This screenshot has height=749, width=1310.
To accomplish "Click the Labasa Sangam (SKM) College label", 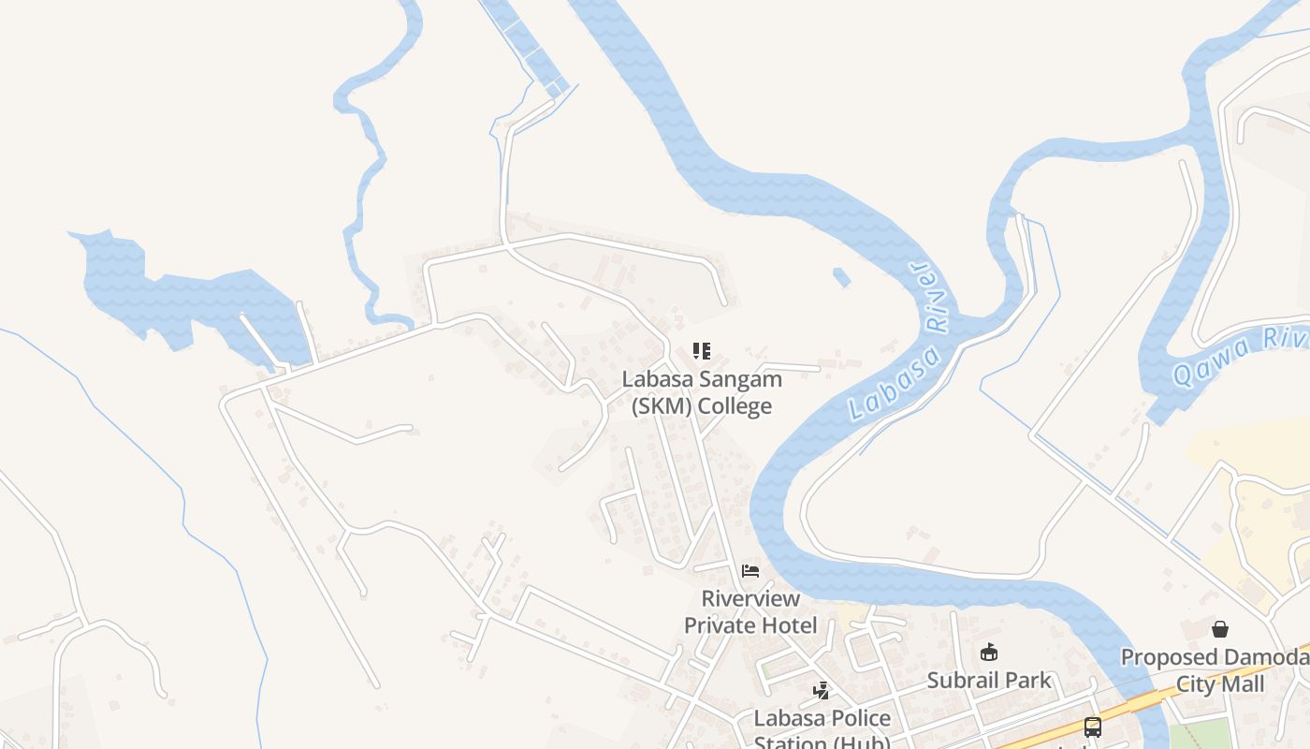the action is [702, 393].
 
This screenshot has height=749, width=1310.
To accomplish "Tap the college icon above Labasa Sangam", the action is [702, 351].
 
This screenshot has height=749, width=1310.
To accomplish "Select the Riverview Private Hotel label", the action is [750, 611].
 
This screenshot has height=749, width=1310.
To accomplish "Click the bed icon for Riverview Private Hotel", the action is [750, 570].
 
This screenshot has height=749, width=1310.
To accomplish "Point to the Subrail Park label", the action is [989, 681].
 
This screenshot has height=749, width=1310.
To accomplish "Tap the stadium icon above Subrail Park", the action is [989, 653].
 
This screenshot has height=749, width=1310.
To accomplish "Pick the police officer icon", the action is [821, 691].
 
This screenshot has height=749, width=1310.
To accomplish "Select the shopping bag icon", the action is [1219, 629].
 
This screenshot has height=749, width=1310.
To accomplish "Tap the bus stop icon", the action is [1092, 727].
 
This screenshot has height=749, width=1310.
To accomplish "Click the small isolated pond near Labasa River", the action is [841, 277].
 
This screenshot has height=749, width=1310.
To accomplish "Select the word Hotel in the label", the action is [788, 625].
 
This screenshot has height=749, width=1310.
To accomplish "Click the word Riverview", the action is [750, 598].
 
